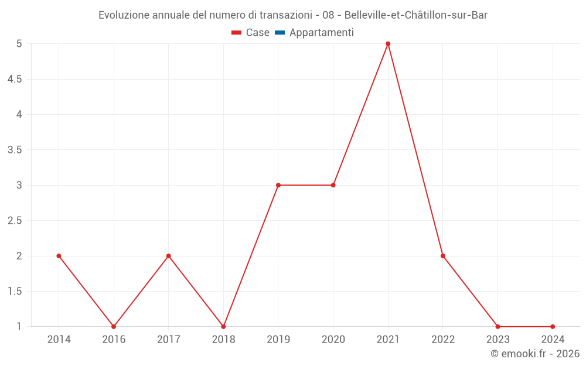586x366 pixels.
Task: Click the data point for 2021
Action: pyautogui.click(x=388, y=44)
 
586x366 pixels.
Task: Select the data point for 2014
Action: pyautogui.click(x=59, y=256)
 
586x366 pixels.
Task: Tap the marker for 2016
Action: pyautogui.click(x=114, y=327)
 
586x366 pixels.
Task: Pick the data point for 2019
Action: pyautogui.click(x=278, y=185)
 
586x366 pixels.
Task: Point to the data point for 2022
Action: pyautogui.click(x=443, y=256)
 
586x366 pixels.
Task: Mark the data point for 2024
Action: pyautogui.click(x=553, y=327)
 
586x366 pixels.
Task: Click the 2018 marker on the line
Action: pyautogui.click(x=223, y=327)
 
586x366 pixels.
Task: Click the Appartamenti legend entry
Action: pyautogui.click(x=321, y=33)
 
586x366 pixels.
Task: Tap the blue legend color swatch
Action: pyautogui.click(x=280, y=33)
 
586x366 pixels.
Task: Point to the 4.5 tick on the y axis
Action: pyautogui.click(x=15, y=79)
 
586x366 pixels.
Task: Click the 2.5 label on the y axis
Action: pyautogui.click(x=15, y=221)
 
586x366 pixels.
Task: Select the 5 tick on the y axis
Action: pyautogui.click(x=19, y=44)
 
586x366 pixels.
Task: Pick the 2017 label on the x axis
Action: pyautogui.click(x=168, y=339)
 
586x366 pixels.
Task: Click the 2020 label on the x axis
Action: pyautogui.click(x=333, y=339)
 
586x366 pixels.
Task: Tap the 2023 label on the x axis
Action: pyautogui.click(x=498, y=339)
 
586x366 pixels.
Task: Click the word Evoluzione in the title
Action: pyautogui.click(x=124, y=15)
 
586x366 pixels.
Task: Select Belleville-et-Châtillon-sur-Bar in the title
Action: pyautogui.click(x=416, y=15)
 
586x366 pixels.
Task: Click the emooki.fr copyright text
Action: pyautogui.click(x=535, y=354)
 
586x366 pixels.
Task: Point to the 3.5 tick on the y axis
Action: pyautogui.click(x=15, y=150)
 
